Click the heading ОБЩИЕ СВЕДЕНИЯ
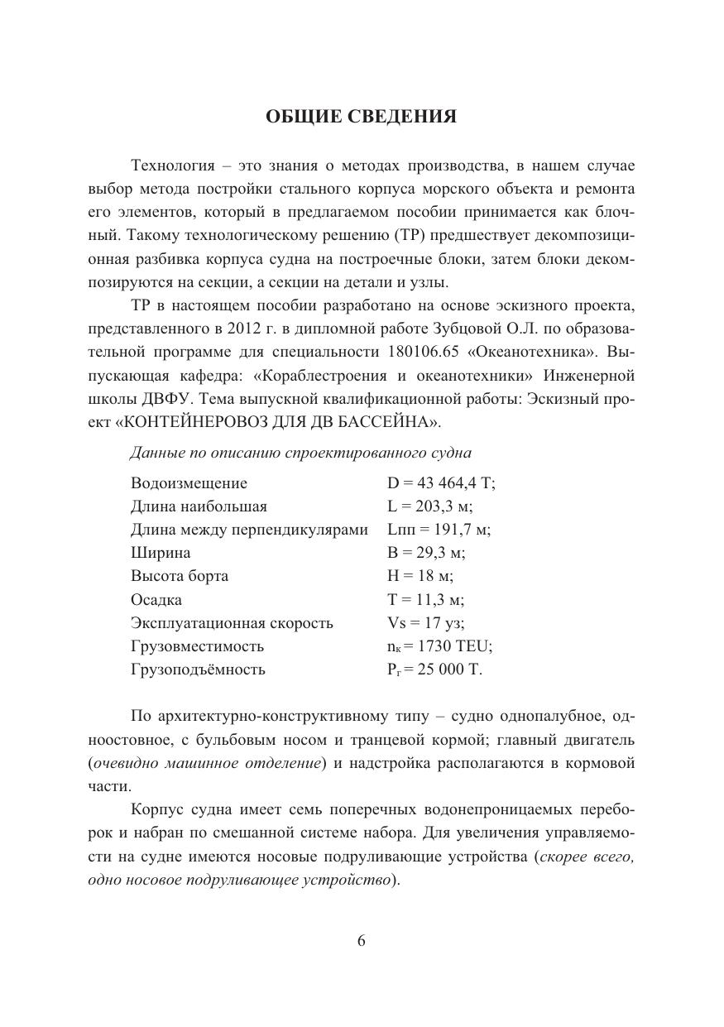tap(361, 117)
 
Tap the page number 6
tap(362, 940)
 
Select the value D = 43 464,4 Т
tap(441, 483)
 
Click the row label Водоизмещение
tap(189, 483)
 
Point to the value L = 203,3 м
tap(429, 506)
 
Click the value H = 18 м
tap(420, 576)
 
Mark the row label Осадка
tap(156, 600)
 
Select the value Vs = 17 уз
tap(425, 623)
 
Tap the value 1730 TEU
tap(456, 646)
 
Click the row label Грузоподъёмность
tap(198, 669)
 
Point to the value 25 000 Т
tap(450, 669)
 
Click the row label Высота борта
tap(180, 576)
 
